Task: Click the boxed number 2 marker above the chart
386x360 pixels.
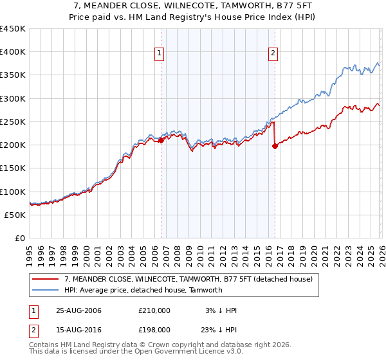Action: click(273, 54)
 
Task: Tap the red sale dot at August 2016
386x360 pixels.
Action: click(275, 146)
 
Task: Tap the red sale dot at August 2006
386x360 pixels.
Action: click(161, 141)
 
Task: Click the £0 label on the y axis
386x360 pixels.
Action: click(21, 238)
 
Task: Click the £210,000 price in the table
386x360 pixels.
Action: click(154, 310)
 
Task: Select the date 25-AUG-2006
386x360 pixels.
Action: click(78, 310)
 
